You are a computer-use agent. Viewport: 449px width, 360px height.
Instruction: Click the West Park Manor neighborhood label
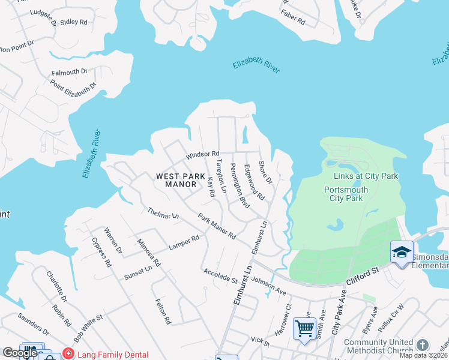coord(176,180)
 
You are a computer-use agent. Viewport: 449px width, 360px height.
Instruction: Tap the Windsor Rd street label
coord(202,155)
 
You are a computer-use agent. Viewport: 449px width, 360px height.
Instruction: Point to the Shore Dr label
coord(265,172)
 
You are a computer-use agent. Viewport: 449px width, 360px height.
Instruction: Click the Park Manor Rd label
coord(217,227)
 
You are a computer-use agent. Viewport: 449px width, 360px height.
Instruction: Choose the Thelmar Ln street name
coord(163,213)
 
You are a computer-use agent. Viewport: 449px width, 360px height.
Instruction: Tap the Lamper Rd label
coord(184,242)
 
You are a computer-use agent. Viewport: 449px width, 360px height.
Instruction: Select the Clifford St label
coord(363,277)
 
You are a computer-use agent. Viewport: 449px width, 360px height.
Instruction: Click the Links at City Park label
coord(366,176)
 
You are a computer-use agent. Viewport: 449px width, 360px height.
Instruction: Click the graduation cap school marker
coord(401,251)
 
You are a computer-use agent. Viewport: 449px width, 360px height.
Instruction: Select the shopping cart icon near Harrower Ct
coord(304,328)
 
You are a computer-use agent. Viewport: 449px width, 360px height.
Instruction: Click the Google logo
coord(20,353)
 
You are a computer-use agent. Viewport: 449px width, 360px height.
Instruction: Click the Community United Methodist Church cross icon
coord(423,344)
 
